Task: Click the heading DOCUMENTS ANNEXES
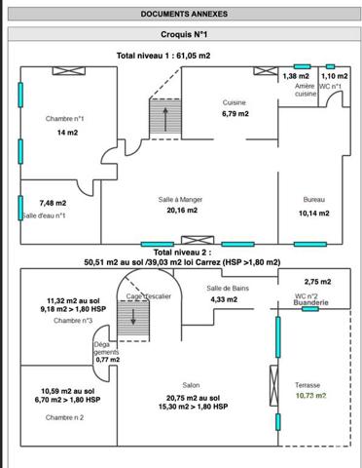click(x=184, y=14)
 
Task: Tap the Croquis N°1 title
click(x=184, y=34)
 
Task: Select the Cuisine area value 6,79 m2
click(x=235, y=114)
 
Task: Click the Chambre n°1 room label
click(x=64, y=119)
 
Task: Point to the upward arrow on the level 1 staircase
click(x=165, y=119)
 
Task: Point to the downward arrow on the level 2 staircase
click(x=133, y=316)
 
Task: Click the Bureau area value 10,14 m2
click(x=314, y=214)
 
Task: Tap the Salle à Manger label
click(x=180, y=200)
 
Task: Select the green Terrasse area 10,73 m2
click(x=310, y=396)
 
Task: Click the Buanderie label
click(x=310, y=302)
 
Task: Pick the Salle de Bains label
click(x=228, y=289)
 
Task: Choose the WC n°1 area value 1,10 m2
click(x=335, y=76)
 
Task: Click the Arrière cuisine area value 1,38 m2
click(x=296, y=76)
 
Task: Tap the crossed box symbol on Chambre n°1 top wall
click(x=69, y=71)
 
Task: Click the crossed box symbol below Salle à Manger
click(x=198, y=240)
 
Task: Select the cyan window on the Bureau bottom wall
click(x=310, y=244)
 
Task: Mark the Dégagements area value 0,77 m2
click(x=108, y=360)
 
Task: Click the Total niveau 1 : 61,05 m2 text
click(x=163, y=56)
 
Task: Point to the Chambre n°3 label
click(x=73, y=321)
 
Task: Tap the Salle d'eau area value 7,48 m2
click(x=53, y=203)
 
